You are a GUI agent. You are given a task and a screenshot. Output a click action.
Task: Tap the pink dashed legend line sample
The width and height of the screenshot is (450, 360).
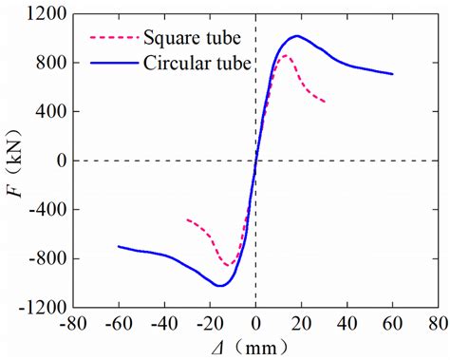112,39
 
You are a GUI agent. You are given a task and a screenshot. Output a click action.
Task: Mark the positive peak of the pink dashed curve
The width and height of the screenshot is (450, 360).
286,56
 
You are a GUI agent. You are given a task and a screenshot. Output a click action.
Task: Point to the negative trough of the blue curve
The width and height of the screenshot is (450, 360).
219,285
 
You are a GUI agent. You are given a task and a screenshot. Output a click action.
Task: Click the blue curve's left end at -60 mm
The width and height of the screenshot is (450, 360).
118,246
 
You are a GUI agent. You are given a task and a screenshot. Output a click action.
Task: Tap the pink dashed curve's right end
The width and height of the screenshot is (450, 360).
325,102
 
